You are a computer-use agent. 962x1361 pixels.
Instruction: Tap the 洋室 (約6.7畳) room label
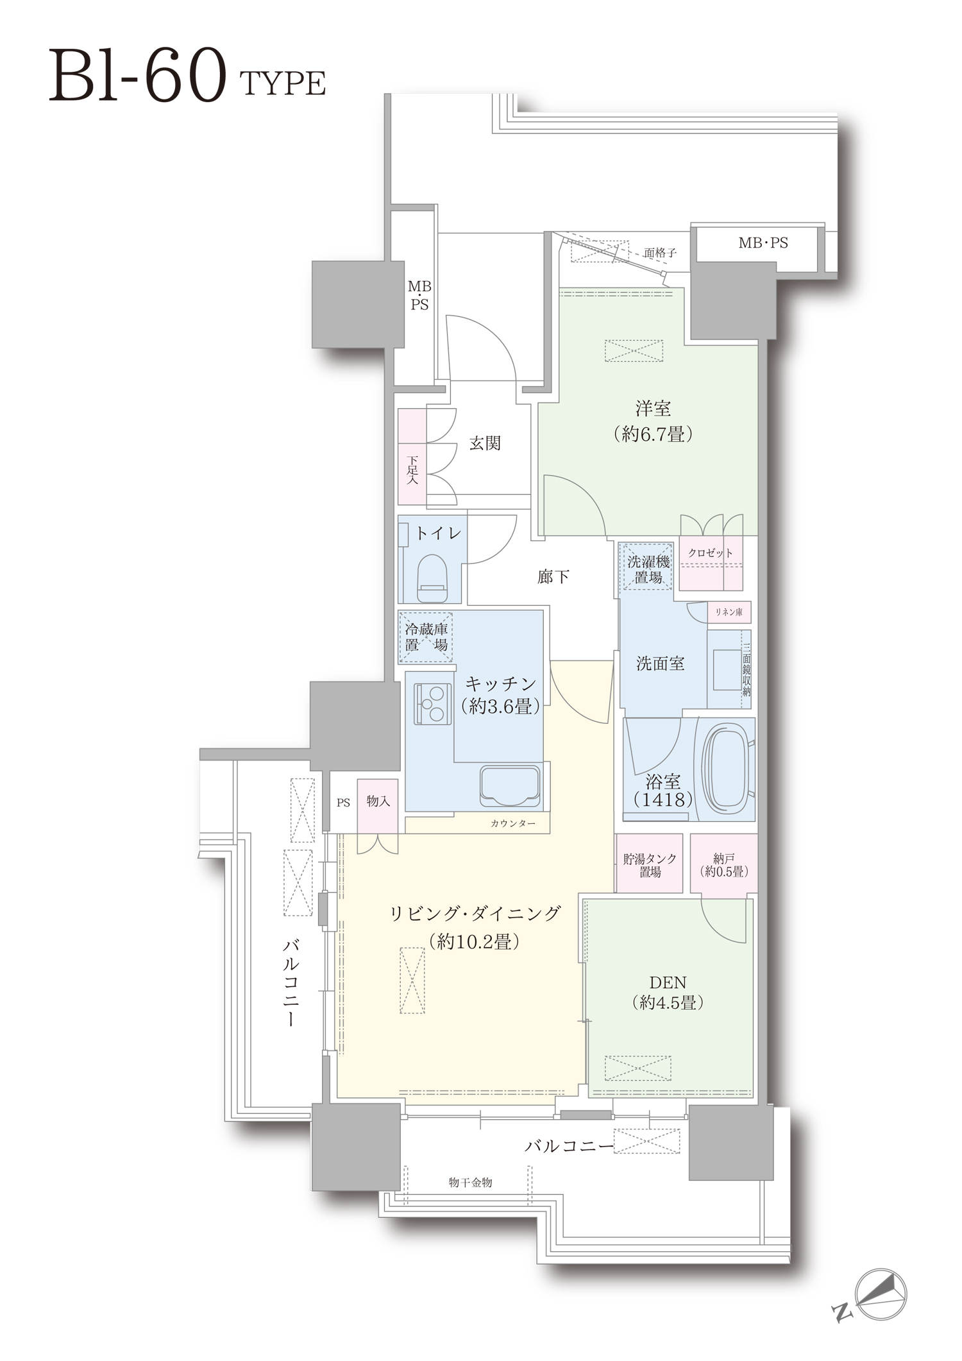[x=653, y=421]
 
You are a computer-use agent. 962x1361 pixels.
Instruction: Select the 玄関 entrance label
[x=485, y=443]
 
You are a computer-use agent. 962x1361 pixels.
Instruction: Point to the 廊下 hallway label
[x=553, y=577]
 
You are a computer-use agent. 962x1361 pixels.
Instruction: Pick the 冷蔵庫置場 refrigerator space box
[x=426, y=637]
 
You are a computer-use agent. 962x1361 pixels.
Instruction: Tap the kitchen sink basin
[x=511, y=785]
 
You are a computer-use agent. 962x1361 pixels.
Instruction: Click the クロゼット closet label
[x=710, y=552]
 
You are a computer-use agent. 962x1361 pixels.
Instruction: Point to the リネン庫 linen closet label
[x=729, y=612]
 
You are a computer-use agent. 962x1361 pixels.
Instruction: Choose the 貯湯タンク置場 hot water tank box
[x=649, y=863]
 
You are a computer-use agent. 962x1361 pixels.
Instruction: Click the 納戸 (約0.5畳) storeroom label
[x=723, y=864]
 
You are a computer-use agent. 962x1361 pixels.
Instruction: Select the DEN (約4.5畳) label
[x=668, y=992]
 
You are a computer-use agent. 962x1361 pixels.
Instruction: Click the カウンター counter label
[x=512, y=823]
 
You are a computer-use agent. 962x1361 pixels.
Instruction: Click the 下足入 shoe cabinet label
[x=412, y=470]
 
